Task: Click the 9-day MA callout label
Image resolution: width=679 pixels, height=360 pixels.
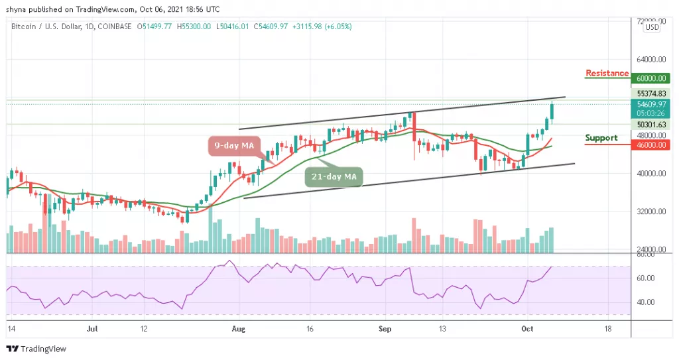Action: (233, 145)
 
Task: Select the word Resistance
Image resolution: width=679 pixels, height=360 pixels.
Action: (607, 73)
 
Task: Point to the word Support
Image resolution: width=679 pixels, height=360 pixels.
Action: (601, 138)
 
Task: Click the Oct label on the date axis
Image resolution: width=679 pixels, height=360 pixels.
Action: (527, 328)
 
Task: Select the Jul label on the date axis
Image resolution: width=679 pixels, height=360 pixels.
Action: (93, 328)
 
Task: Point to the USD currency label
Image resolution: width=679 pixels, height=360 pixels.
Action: (652, 27)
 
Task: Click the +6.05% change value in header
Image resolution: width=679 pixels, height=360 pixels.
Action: (338, 27)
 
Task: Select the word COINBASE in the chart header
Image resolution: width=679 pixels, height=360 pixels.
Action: (113, 27)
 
